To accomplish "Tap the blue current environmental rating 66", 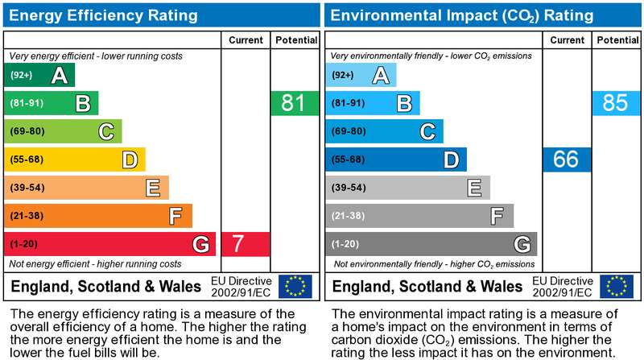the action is (x=567, y=159).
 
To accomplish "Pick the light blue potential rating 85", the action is (x=616, y=103).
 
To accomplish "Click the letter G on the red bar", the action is (x=201, y=244).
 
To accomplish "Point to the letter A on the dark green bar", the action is (x=60, y=75).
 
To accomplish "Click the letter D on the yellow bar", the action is (x=130, y=159).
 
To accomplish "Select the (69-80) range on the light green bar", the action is (x=27, y=131).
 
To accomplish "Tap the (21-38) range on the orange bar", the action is (x=27, y=216).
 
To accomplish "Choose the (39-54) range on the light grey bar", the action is (x=349, y=188).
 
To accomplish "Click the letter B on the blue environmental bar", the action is (x=404, y=103).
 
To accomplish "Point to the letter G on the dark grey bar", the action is (x=522, y=244).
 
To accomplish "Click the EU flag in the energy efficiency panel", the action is (x=295, y=286).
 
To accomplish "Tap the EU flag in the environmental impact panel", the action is (x=617, y=286).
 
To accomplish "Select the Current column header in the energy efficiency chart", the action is (x=246, y=40).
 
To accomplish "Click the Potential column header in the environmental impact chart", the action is (x=617, y=40).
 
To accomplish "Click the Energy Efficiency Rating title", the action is (x=103, y=15).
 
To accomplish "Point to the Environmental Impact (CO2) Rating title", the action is (x=461, y=15).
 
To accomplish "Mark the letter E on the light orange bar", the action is (x=153, y=188).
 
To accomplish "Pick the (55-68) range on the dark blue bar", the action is (x=349, y=159).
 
